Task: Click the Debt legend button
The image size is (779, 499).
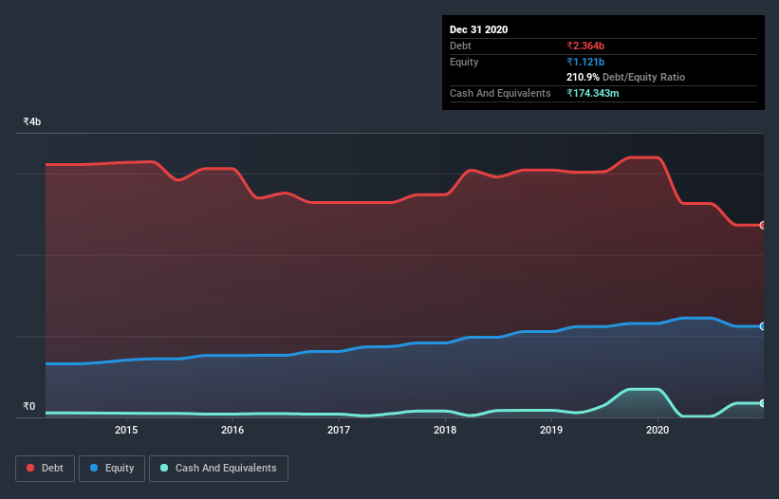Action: point(44,468)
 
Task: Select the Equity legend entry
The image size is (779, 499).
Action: point(112,468)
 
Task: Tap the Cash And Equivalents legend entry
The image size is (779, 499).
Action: point(218,468)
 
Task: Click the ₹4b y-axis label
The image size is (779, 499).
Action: point(32,122)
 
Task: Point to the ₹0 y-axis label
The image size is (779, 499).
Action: point(28,407)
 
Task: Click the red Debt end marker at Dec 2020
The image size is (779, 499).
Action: point(762,225)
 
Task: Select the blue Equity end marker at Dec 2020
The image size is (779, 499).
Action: point(762,326)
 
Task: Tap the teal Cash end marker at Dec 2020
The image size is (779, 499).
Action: point(762,403)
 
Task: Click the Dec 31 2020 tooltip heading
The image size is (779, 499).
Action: point(478,29)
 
